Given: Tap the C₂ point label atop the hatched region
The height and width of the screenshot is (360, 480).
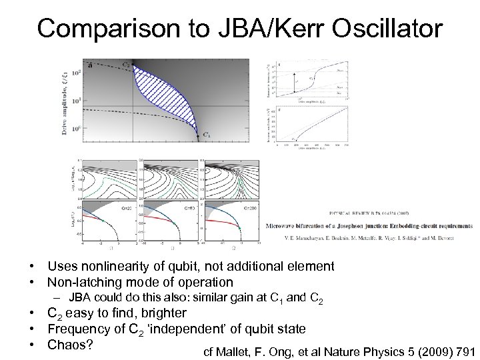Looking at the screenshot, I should (126, 65).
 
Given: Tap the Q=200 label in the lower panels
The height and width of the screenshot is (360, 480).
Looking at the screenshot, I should (250, 208).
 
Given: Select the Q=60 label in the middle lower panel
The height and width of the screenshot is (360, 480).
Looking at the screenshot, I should (191, 208).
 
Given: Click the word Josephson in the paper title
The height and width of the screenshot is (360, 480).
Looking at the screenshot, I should (369, 226).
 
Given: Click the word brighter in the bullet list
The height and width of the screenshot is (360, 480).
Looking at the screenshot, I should (163, 313).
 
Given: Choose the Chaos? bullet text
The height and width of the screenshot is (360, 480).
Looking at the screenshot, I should (69, 345).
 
